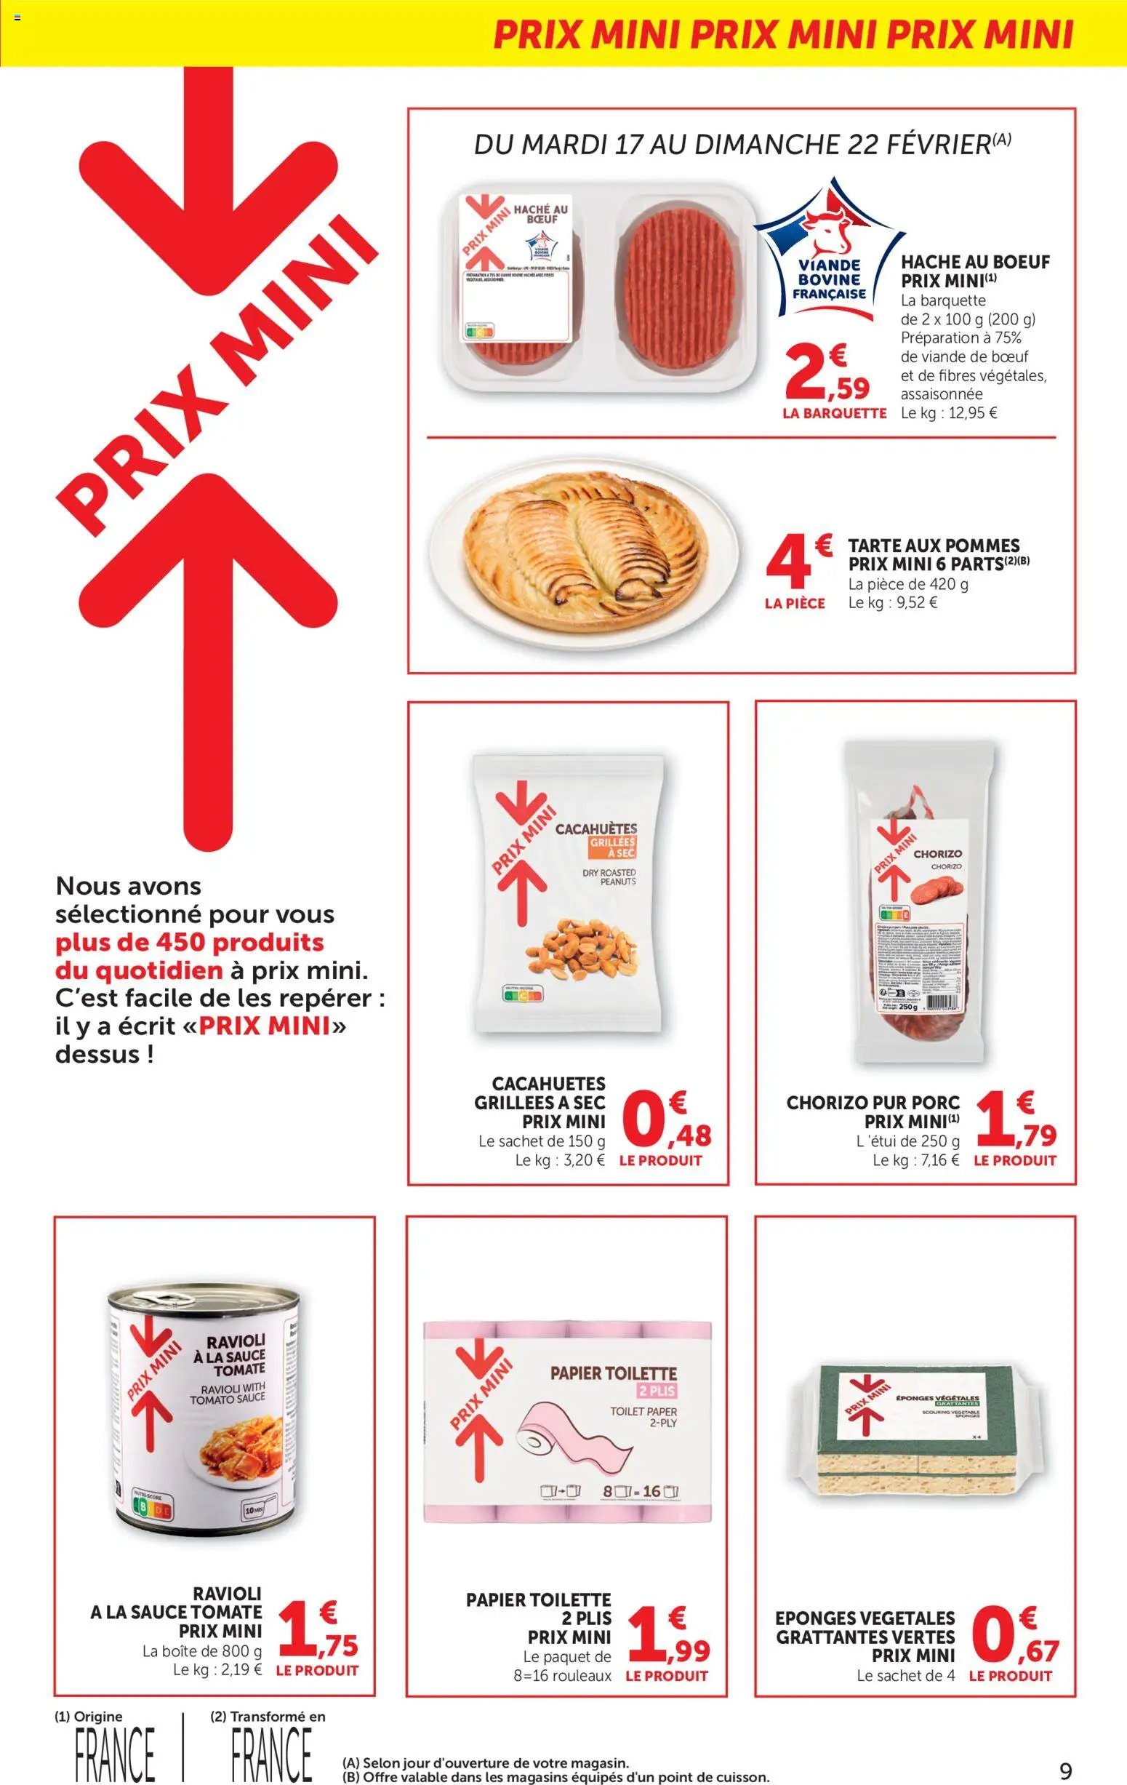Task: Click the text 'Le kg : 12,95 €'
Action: click(x=948, y=413)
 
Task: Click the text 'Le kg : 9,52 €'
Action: click(x=893, y=603)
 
